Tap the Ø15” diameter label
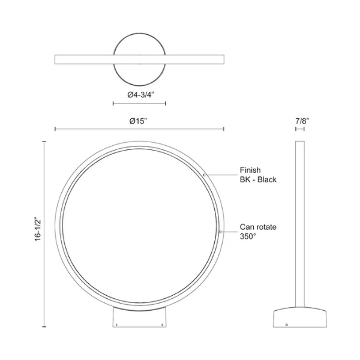[x=138, y=121]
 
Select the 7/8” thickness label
[x=302, y=121]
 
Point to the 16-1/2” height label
[x=38, y=229]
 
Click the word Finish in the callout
[x=250, y=170]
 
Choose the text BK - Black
[x=258, y=179]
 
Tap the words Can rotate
[x=258, y=227]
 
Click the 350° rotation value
[x=248, y=236]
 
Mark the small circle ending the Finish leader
[x=205, y=175]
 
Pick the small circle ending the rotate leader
[x=220, y=232]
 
